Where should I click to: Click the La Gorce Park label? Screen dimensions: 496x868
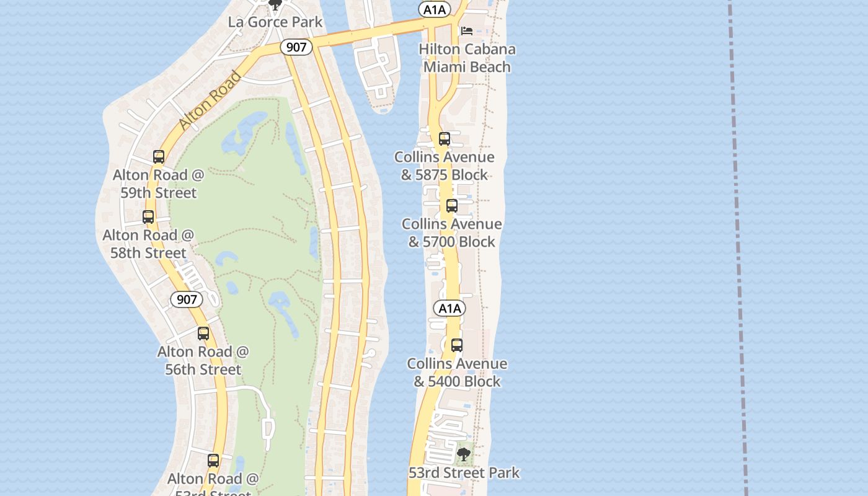(275, 22)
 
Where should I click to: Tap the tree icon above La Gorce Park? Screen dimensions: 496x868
(275, 5)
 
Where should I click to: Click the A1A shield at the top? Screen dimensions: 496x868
(433, 9)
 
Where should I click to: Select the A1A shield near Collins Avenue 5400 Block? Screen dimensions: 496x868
(449, 308)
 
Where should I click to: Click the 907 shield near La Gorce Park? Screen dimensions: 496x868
(296, 47)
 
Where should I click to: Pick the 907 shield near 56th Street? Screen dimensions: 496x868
(187, 300)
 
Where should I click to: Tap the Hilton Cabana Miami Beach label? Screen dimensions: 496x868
(467, 58)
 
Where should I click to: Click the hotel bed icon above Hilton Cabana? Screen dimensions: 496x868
(467, 30)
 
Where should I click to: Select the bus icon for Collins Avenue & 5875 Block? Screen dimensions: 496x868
(444, 139)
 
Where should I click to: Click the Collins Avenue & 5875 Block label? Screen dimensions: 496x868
(445, 166)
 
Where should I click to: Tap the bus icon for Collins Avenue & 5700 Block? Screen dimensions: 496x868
(452, 206)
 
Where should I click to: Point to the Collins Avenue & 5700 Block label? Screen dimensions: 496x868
(452, 232)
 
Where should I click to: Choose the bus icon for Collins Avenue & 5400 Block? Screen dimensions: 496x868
(457, 345)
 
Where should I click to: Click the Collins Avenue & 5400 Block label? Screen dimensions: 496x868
(457, 372)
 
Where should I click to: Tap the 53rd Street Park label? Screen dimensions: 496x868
(464, 473)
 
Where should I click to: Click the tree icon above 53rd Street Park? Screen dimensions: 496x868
(463, 455)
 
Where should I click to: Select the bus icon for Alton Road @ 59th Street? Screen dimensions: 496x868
(159, 157)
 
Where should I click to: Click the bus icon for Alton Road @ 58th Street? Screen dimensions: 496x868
(148, 217)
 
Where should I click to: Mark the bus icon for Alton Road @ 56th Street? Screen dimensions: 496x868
(203, 334)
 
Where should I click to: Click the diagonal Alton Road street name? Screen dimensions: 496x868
(210, 101)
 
